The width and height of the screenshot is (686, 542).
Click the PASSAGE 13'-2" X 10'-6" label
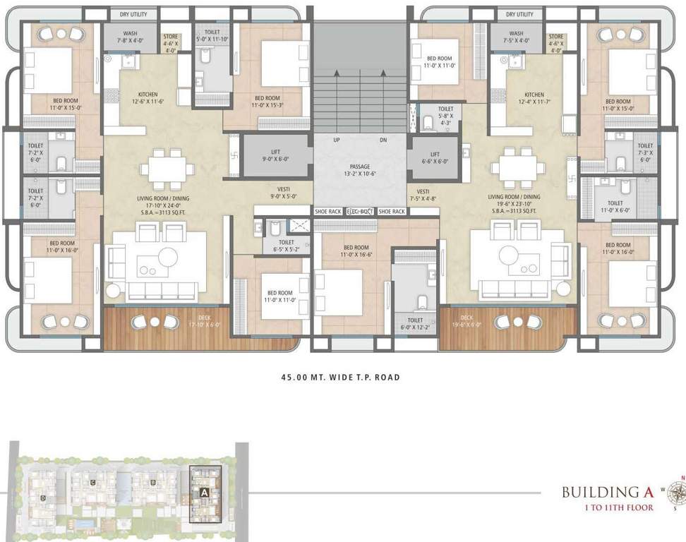tap(360, 170)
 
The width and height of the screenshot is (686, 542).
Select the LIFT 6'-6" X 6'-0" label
tap(435, 157)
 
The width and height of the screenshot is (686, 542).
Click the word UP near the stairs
tap(337, 140)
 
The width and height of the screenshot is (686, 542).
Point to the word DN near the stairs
tap(383, 140)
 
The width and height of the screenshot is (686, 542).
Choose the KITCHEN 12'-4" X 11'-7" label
tap(534, 99)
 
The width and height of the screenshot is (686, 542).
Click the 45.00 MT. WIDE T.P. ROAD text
tap(341, 378)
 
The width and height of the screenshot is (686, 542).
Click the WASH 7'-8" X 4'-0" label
tap(130, 37)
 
